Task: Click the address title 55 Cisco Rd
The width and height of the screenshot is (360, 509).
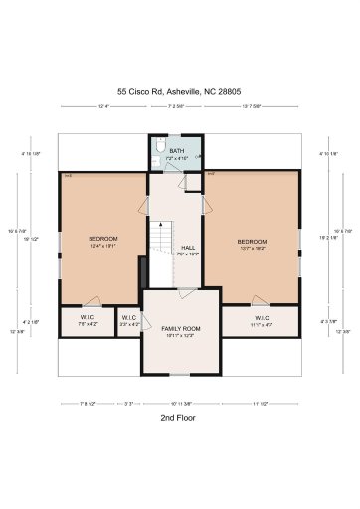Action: click(x=179, y=89)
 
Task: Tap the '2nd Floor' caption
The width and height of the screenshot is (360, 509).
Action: click(x=179, y=418)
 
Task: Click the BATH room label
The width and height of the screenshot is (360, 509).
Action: click(x=176, y=151)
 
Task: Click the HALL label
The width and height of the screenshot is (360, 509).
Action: click(x=188, y=248)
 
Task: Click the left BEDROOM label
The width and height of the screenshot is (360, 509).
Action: click(x=103, y=239)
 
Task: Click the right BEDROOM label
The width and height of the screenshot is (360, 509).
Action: click(x=252, y=242)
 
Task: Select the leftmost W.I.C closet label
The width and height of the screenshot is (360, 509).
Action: click(x=88, y=317)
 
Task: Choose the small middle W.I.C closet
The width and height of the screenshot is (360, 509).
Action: click(x=128, y=318)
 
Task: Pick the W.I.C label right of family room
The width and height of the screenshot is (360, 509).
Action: click(x=261, y=317)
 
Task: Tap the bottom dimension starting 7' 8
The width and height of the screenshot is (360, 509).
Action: click(x=88, y=402)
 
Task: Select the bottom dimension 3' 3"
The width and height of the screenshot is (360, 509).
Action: click(x=129, y=402)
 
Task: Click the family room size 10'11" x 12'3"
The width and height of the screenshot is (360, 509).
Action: click(x=181, y=335)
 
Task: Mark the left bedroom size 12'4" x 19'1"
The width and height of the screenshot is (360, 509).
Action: click(x=103, y=246)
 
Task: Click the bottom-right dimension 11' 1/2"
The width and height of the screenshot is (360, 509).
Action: click(x=261, y=402)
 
